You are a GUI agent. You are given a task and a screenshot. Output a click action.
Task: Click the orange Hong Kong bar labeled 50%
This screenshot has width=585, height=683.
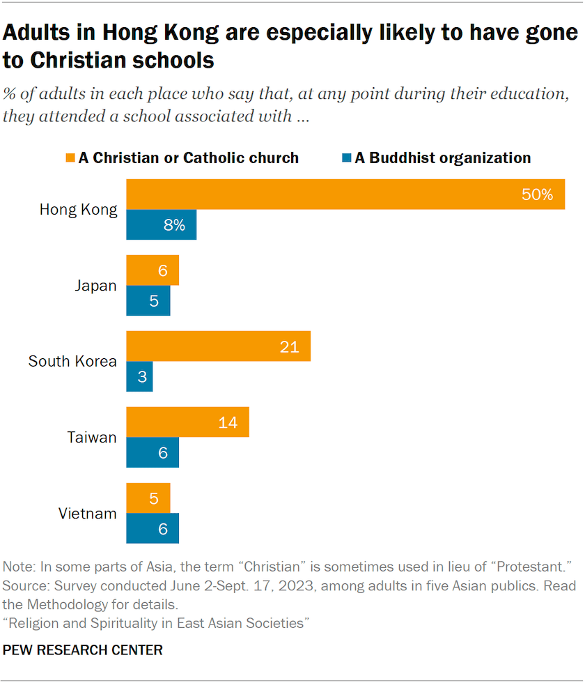point(345,194)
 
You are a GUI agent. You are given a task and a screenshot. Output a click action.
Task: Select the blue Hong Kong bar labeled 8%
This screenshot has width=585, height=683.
point(161,225)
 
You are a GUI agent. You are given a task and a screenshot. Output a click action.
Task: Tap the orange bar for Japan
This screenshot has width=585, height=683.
point(152,270)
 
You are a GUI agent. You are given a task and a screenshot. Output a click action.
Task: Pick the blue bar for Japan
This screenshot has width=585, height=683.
point(148,301)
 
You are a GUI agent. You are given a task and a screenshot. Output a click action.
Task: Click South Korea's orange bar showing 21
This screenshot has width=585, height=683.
point(218,346)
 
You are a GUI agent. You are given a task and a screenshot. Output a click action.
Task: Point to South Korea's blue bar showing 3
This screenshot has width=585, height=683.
point(139,377)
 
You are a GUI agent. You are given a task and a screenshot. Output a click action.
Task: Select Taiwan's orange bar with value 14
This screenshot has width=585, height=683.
point(187,422)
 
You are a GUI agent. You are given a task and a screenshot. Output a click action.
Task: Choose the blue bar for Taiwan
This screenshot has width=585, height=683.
point(152,453)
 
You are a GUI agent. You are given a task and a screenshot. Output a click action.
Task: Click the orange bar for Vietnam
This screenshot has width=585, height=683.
point(148,498)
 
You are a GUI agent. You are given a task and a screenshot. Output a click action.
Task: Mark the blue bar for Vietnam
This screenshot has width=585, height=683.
point(152,529)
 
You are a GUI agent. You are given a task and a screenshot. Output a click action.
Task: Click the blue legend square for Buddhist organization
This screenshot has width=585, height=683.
point(346,158)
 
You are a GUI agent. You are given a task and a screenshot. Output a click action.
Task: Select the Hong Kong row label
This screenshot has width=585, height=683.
point(78,210)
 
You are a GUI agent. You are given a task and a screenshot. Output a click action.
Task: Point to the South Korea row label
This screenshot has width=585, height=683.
point(72,362)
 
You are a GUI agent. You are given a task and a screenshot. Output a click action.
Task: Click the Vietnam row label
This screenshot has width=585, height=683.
point(87,514)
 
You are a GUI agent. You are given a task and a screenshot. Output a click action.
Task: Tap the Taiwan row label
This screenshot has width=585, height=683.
point(92,438)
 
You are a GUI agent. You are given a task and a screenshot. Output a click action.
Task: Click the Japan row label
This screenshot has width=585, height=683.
point(95,286)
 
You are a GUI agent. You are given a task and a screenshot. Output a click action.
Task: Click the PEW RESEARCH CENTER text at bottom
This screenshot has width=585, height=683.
point(83,650)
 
